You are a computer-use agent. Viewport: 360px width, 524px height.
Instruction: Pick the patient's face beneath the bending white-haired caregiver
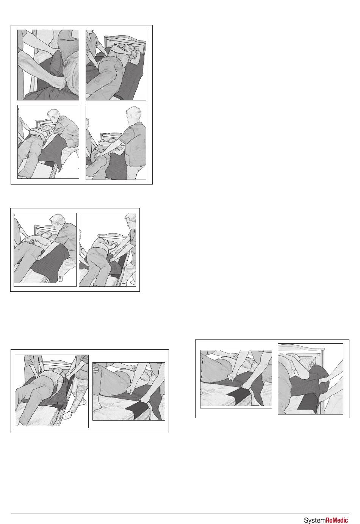pos(46,128)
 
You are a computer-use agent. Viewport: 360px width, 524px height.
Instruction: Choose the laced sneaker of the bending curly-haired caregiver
pos(60,278)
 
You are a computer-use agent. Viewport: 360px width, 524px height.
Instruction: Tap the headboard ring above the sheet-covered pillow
pos(318,354)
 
